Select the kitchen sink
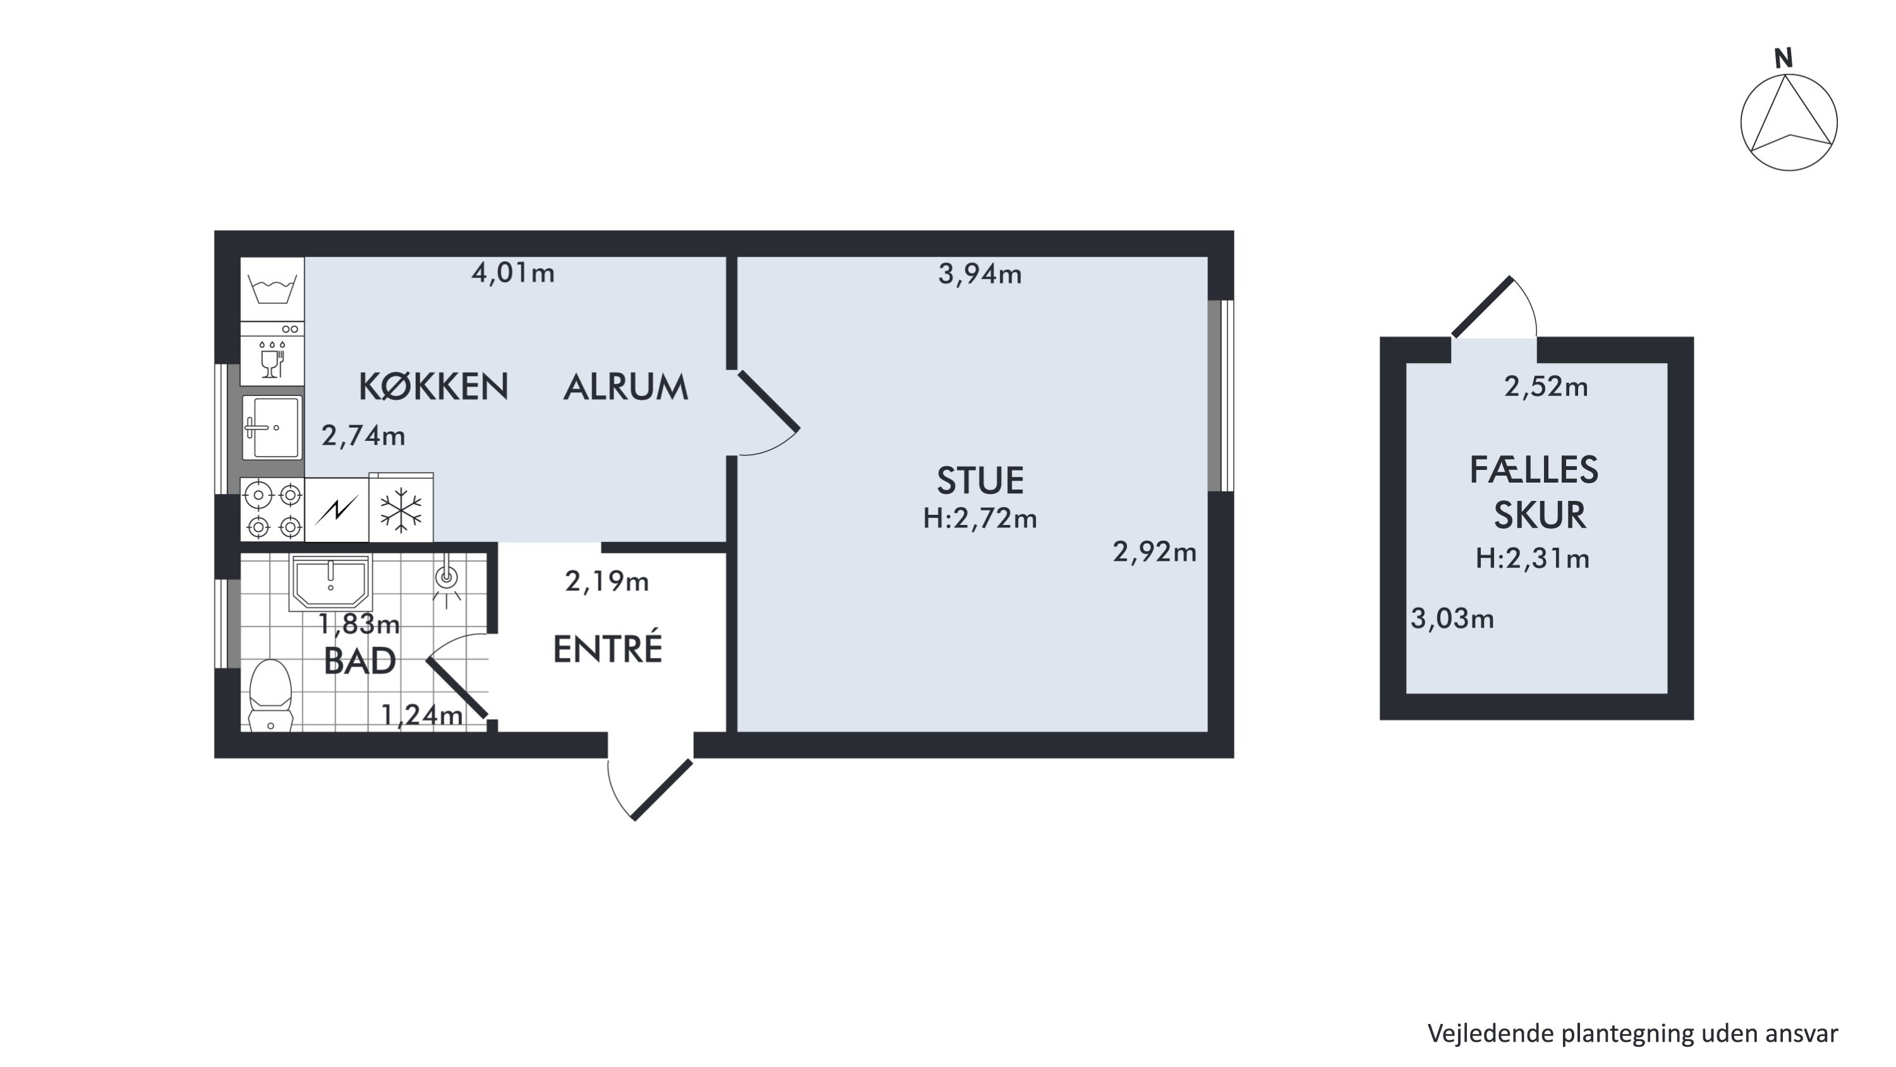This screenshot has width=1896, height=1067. point(272,427)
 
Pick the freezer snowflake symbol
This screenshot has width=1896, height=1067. point(401,509)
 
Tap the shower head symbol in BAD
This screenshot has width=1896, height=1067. point(446,582)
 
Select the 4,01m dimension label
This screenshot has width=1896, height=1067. point(513,273)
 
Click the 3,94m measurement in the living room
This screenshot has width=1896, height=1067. point(980,274)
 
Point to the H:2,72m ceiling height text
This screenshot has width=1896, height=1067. point(980,519)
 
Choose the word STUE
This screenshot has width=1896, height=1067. point(980,480)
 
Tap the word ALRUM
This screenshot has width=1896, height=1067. point(626,386)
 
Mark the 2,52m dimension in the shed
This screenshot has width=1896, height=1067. point(1546,386)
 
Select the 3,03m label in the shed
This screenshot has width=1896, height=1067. point(1452,619)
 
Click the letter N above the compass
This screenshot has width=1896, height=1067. point(1784,58)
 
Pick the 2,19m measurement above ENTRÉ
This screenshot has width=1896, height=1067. point(607,582)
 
